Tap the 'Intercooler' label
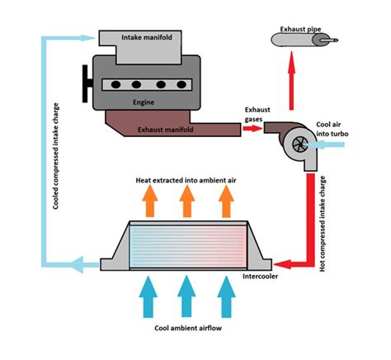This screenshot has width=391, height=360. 262,276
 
